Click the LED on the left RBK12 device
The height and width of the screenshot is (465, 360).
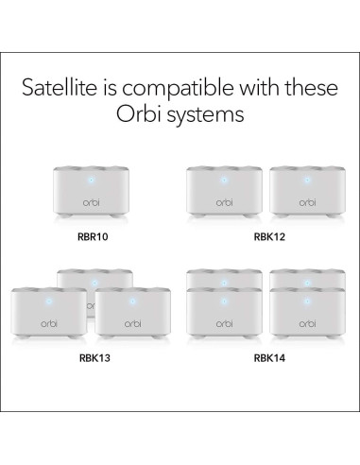pyautogui.click(x=225, y=177)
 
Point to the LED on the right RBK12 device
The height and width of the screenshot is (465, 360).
pyautogui.click(x=307, y=177)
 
